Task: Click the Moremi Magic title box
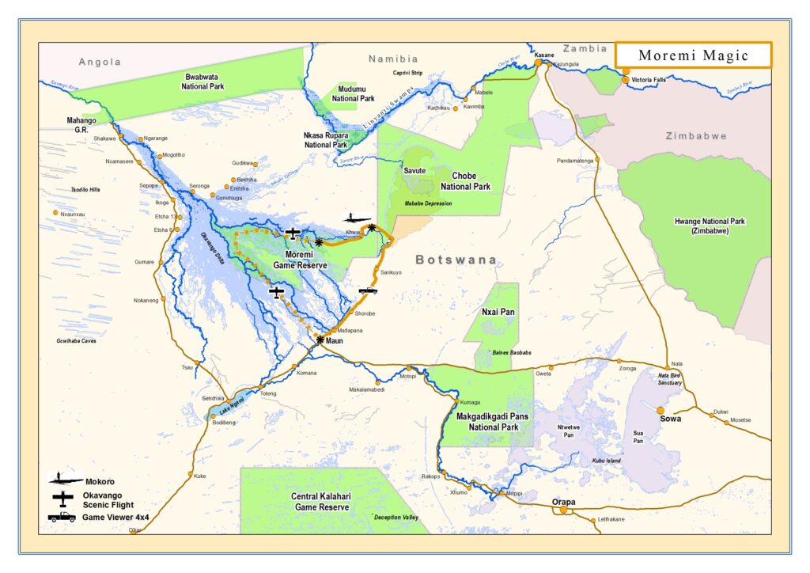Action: tap(693, 55)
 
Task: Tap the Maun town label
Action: tap(335, 341)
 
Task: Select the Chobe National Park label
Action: tap(471, 181)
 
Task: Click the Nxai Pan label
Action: tap(498, 312)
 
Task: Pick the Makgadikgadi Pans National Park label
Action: tap(487, 421)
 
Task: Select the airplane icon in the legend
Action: tap(63, 499)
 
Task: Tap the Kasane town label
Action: tap(544, 55)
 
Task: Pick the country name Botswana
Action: tap(456, 260)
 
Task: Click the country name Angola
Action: tap(100, 62)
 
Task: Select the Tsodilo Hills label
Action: tap(86, 190)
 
